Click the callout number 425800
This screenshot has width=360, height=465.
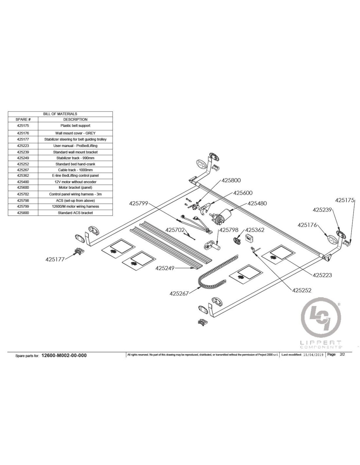[x=231, y=180]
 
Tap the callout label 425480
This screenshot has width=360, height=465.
[x=257, y=203]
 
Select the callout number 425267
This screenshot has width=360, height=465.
[x=179, y=293]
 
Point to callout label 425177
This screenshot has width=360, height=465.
[x=55, y=259]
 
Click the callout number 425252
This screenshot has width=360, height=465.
[x=301, y=290]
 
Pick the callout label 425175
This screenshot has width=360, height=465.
[x=345, y=200]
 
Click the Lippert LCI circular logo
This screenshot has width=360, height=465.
[x=320, y=318]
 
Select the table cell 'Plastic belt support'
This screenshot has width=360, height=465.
[x=75, y=126]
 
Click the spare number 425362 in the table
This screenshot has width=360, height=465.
[x=23, y=176]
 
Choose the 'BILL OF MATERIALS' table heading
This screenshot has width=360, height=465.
[x=60, y=114]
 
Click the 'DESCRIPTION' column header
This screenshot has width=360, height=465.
[x=75, y=119]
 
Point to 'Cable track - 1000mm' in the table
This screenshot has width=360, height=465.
[x=75, y=170]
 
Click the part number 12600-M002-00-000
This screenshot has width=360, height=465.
[x=64, y=355]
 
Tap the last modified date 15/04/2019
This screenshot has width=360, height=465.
[x=313, y=355]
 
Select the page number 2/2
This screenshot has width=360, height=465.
[x=342, y=354]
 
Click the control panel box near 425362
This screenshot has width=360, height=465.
[x=250, y=238]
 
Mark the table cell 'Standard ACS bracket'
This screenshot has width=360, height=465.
[x=75, y=213]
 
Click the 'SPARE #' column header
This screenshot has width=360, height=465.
[x=23, y=119]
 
